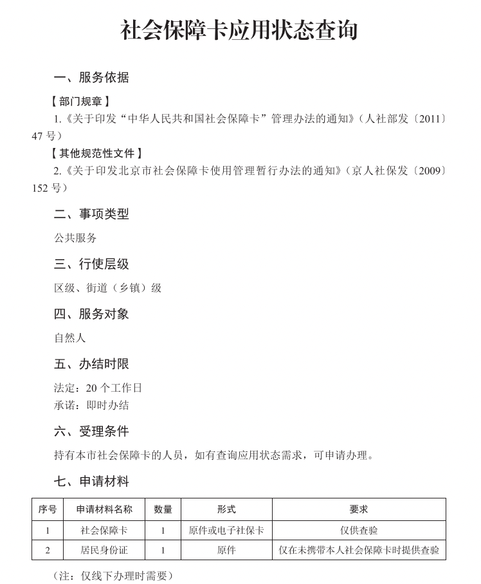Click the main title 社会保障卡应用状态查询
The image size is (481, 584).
click(239, 30)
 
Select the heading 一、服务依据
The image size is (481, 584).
click(91, 78)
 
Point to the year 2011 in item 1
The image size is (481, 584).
click(428, 119)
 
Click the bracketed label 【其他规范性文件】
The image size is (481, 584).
click(96, 154)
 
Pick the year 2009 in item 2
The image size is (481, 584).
click(428, 171)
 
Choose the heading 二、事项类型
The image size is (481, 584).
click(91, 214)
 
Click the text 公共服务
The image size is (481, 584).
click(75, 238)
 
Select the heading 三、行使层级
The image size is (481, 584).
click(91, 264)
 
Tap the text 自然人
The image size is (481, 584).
click(69, 338)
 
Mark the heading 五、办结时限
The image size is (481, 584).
click(91, 364)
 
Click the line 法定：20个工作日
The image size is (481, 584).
click(98, 388)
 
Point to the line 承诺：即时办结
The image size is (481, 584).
click(91, 405)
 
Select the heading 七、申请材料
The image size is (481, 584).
click(91, 481)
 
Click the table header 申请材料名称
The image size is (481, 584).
click(104, 509)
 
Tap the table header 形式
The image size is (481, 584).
click(226, 509)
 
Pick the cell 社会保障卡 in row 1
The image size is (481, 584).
click(104, 531)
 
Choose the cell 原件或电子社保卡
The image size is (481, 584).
click(226, 531)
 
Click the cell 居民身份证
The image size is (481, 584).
click(104, 551)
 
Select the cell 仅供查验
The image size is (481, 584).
click(359, 531)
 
